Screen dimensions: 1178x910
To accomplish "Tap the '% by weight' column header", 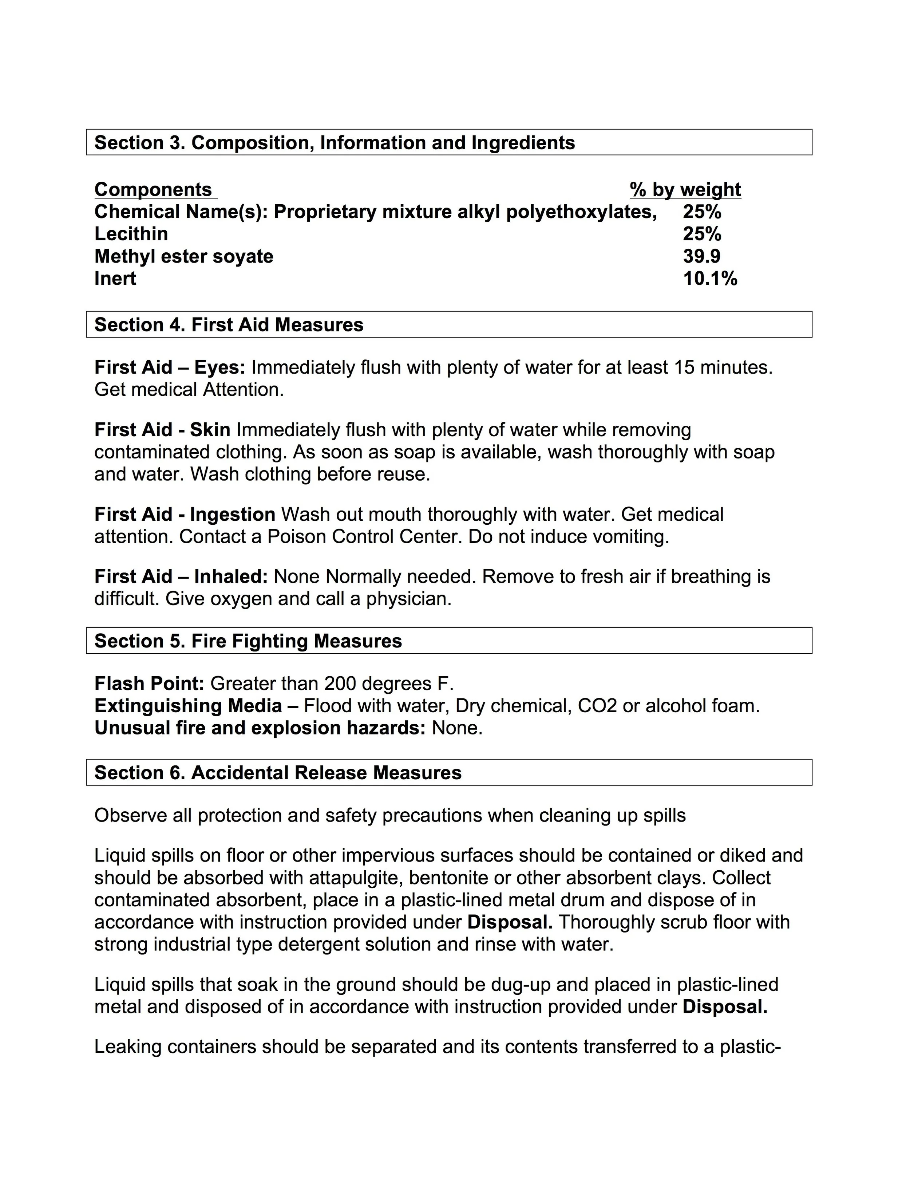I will [x=685, y=189].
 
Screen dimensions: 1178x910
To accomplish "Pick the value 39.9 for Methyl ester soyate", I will [x=701, y=256].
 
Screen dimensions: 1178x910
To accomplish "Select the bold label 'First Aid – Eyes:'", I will [x=170, y=367].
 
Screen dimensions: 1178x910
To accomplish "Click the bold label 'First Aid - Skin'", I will [x=162, y=430].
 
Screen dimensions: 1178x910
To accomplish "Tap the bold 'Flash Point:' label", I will [x=149, y=683].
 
